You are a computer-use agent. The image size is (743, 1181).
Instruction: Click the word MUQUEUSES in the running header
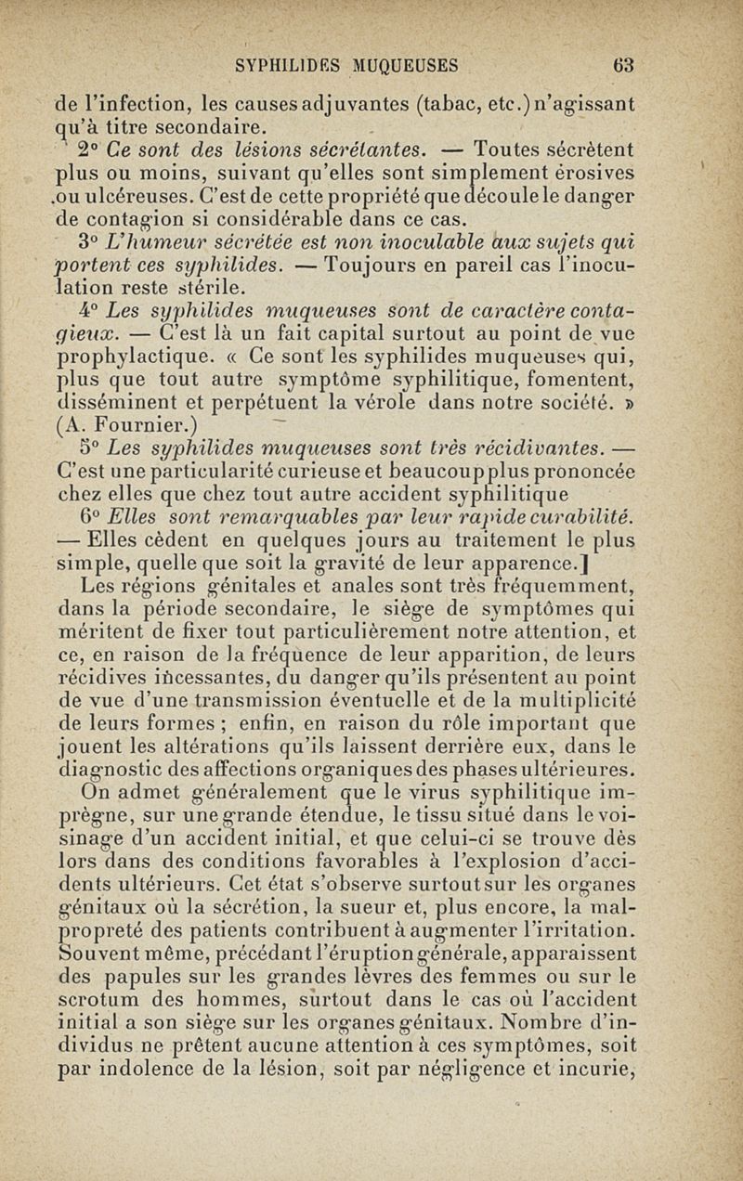[x=406, y=65]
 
